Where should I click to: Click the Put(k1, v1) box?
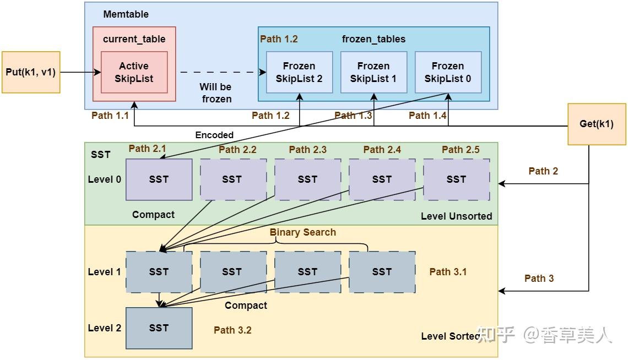(31, 72)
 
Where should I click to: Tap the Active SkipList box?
(134, 72)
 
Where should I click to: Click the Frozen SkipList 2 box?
(299, 72)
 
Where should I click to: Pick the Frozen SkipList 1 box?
(373, 72)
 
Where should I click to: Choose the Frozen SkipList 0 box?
(448, 72)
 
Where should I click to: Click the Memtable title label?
(126, 14)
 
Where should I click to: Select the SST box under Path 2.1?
(159, 179)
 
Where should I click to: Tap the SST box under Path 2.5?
(456, 179)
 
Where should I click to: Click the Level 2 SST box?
(159, 328)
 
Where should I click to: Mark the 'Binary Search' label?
(302, 232)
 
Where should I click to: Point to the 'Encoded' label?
(214, 135)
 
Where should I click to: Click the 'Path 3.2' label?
(232, 330)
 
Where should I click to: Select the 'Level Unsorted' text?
(456, 216)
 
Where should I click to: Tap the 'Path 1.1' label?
(110, 116)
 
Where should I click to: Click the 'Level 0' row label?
(104, 179)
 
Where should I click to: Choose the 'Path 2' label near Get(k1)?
(543, 171)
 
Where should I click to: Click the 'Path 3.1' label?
(448, 271)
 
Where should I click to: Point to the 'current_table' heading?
(134, 39)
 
